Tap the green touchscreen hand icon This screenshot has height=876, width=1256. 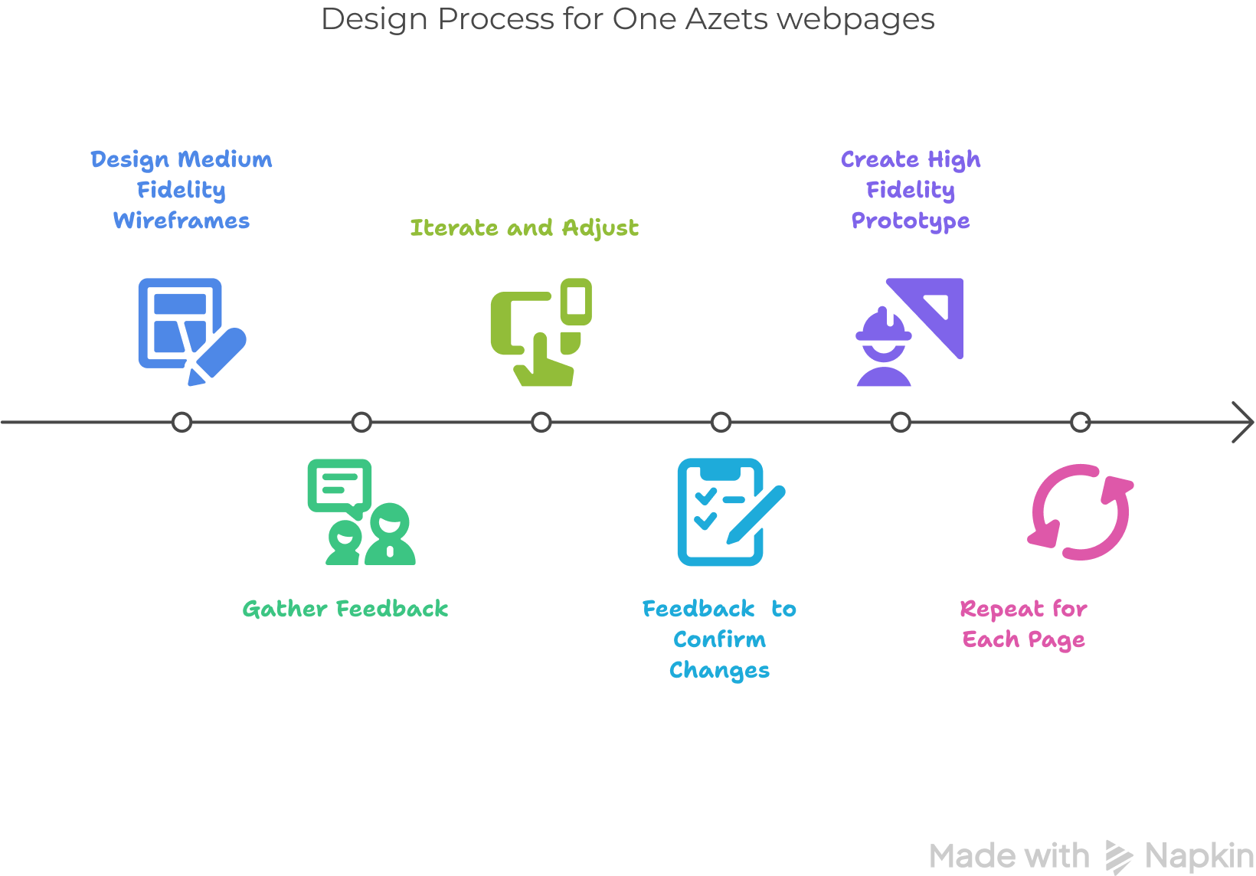(x=541, y=332)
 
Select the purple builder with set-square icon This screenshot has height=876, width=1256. (x=909, y=332)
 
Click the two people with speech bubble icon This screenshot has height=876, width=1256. (x=361, y=512)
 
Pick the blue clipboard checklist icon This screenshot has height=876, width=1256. (x=730, y=512)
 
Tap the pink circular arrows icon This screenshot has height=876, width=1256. (x=1080, y=512)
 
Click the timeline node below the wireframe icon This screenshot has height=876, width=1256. (x=182, y=422)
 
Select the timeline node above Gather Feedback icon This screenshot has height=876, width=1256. (x=361, y=422)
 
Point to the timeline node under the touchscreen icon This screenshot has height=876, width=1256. (x=541, y=422)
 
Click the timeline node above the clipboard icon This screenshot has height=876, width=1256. (x=721, y=422)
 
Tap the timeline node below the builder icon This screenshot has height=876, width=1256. (x=901, y=422)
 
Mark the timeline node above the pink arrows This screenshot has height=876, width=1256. (x=1080, y=422)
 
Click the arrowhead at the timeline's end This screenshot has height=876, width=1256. (x=1245, y=422)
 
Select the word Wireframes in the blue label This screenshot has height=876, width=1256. (x=182, y=221)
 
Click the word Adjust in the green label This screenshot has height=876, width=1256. (x=600, y=228)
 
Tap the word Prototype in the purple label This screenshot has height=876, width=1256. (x=911, y=221)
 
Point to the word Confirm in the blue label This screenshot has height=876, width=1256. (x=719, y=640)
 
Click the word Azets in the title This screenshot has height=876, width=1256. (x=726, y=19)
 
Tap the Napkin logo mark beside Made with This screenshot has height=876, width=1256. (x=1118, y=856)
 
